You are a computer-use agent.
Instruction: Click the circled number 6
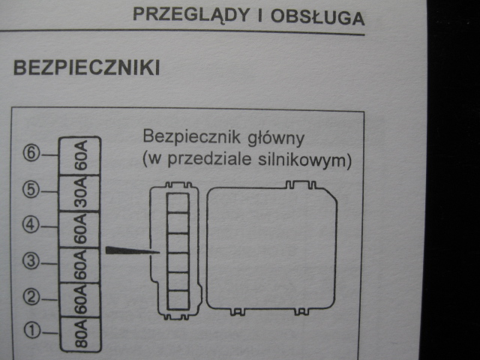tap(31, 153)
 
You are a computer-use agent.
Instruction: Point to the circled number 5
tap(31, 190)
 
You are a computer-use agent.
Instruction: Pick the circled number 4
tap(31, 224)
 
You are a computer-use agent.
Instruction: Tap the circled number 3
tap(31, 262)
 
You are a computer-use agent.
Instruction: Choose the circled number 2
tap(31, 297)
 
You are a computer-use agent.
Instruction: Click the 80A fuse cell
tap(81, 335)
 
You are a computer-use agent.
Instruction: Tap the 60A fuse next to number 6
tap(81, 156)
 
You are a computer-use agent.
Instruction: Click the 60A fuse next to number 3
tap(81, 265)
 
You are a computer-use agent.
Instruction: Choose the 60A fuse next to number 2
tap(81, 300)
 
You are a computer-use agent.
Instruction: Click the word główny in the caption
tap(279, 139)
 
